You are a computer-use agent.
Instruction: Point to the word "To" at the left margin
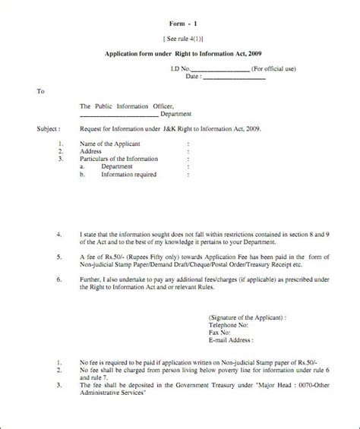pos(41,91)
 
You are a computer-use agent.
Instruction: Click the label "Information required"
pos(130,174)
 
